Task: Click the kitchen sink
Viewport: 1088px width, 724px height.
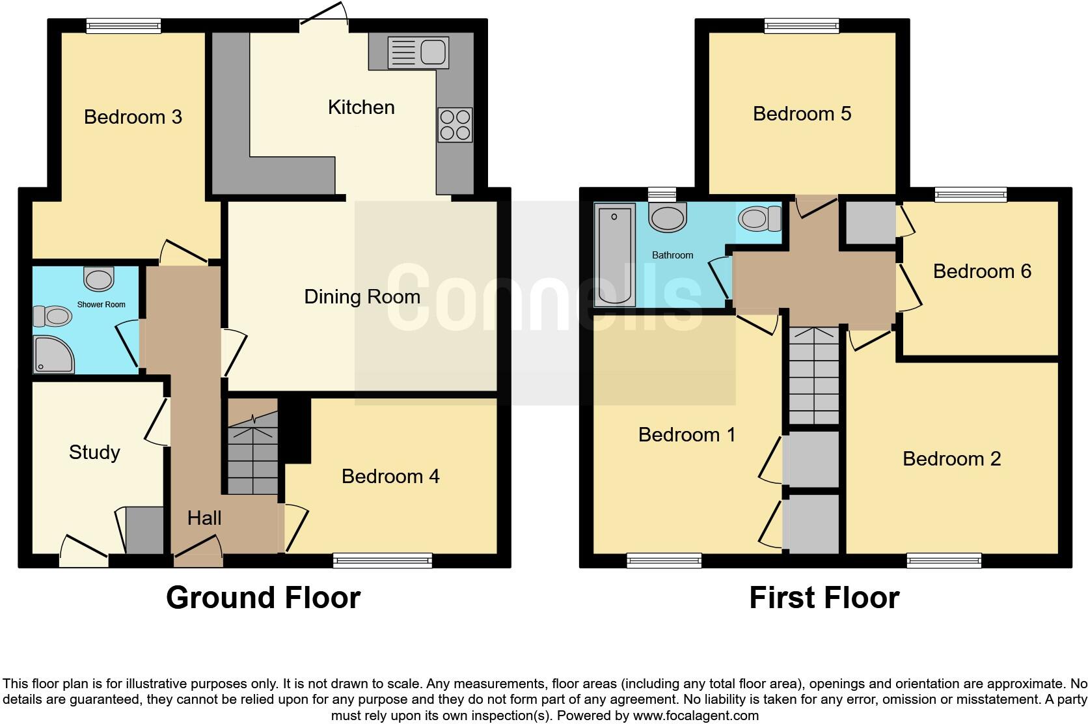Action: [x=418, y=52]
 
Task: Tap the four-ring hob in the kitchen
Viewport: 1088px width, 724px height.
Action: [x=455, y=124]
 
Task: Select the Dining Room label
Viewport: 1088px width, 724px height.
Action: [x=362, y=297]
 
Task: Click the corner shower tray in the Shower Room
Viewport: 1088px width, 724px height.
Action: [x=53, y=355]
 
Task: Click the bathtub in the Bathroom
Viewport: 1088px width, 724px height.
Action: [x=614, y=254]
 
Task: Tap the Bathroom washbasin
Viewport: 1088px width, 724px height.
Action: [x=668, y=217]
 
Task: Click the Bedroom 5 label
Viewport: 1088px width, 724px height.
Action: [x=802, y=114]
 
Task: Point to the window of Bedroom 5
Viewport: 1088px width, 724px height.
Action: [x=802, y=26]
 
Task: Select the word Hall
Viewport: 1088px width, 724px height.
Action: [x=204, y=518]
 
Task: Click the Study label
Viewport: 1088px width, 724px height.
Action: [x=94, y=452]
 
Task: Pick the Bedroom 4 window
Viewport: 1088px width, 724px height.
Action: [x=382, y=560]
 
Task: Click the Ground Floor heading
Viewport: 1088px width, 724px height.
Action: [x=263, y=598]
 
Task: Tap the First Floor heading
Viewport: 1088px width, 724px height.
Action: [x=824, y=598]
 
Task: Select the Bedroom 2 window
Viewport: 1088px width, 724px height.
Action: [x=944, y=560]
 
